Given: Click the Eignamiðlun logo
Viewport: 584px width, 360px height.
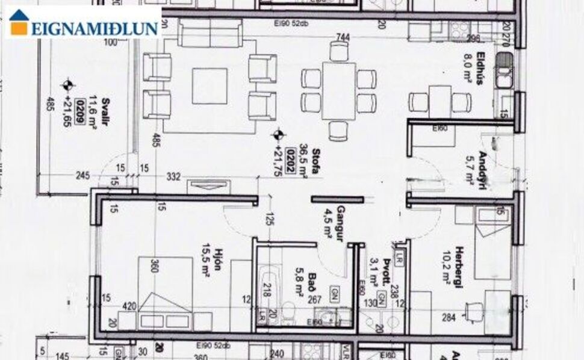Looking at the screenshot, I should tap(84, 23).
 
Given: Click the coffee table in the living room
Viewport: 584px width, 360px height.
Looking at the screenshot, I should tap(210, 86).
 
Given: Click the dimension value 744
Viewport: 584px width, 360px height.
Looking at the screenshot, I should tap(343, 37).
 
